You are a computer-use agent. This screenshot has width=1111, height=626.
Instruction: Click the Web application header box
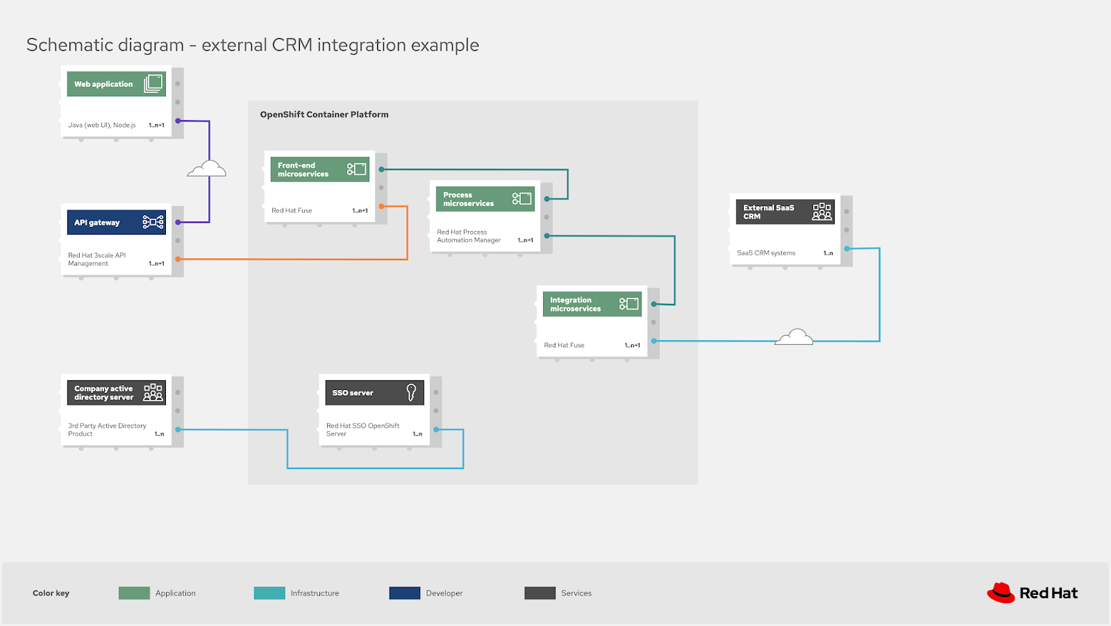115,84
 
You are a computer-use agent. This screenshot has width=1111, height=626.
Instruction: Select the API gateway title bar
115,222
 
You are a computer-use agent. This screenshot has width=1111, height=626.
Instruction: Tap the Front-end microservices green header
319,169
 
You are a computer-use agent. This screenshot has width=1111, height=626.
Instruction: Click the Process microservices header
484,199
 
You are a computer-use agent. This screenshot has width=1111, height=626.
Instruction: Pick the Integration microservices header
591,304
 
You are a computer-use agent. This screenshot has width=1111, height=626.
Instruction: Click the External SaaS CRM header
784,212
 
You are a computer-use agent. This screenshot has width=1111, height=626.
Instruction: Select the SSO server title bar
374,393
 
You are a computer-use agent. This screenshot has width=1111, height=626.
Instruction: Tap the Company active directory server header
115,393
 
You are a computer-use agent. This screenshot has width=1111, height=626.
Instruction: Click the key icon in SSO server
411,393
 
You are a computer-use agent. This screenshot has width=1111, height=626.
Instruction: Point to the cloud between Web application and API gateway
207,169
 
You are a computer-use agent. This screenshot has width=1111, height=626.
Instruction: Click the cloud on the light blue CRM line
794,337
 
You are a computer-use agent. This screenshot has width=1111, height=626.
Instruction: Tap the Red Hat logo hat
1001,592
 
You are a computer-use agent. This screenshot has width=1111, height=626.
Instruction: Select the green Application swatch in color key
134,593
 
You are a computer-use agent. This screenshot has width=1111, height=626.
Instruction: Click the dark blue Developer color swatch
404,593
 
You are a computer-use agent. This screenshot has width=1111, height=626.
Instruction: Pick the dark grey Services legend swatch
540,593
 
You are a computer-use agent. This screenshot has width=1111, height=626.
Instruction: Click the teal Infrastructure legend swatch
269,593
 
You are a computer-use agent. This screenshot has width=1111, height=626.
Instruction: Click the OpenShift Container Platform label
324,115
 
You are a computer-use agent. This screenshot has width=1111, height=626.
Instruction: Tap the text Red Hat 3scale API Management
97,259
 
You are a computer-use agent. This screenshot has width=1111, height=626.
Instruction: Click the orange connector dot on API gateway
178,259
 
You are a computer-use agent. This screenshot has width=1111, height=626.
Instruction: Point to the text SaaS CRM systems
766,253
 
